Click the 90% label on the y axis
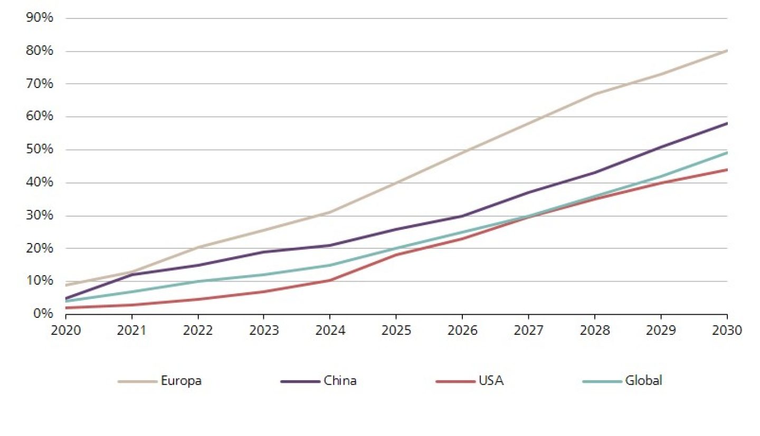tap(39, 17)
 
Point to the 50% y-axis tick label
tap(39, 149)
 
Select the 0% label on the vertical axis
tap(42, 314)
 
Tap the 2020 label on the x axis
tap(65, 331)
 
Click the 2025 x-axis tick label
tap(396, 331)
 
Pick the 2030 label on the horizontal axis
tap(727, 331)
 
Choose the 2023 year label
tap(264, 331)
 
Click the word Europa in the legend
tap(181, 381)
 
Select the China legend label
tap(340, 381)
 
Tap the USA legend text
tap(491, 381)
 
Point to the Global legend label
tap(643, 381)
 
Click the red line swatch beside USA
tap(455, 381)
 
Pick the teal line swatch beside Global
tap(601, 381)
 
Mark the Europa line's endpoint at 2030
tap(727, 51)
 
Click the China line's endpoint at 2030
tap(727, 123)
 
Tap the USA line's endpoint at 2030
tap(727, 169)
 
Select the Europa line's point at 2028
tap(595, 94)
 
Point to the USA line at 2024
tap(330, 280)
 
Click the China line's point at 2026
tap(462, 216)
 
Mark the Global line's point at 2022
tap(198, 281)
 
